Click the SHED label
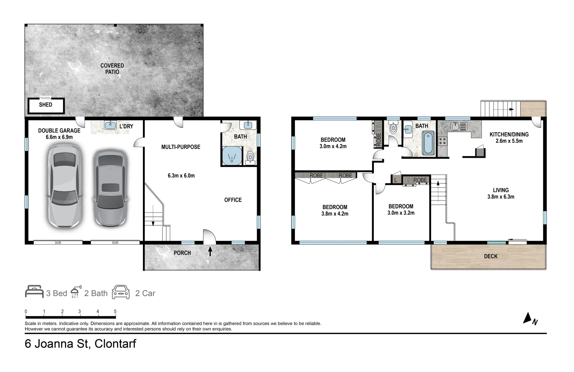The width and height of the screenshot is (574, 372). (45, 105)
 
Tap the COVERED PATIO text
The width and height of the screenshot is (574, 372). (112, 69)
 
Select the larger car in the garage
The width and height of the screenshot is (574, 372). (64, 186)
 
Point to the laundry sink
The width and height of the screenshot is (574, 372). (110, 125)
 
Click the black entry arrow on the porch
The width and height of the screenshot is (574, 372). (210, 251)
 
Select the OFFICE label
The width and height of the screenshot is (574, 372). (233, 200)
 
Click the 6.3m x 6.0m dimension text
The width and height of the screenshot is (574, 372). (181, 176)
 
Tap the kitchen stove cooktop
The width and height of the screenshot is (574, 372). (442, 141)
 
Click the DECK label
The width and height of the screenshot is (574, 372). (491, 256)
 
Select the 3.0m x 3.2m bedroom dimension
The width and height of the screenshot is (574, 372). (401, 213)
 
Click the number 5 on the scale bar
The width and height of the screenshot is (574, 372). (115, 311)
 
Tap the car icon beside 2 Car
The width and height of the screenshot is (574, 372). (121, 292)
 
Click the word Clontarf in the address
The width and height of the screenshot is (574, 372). (115, 344)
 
